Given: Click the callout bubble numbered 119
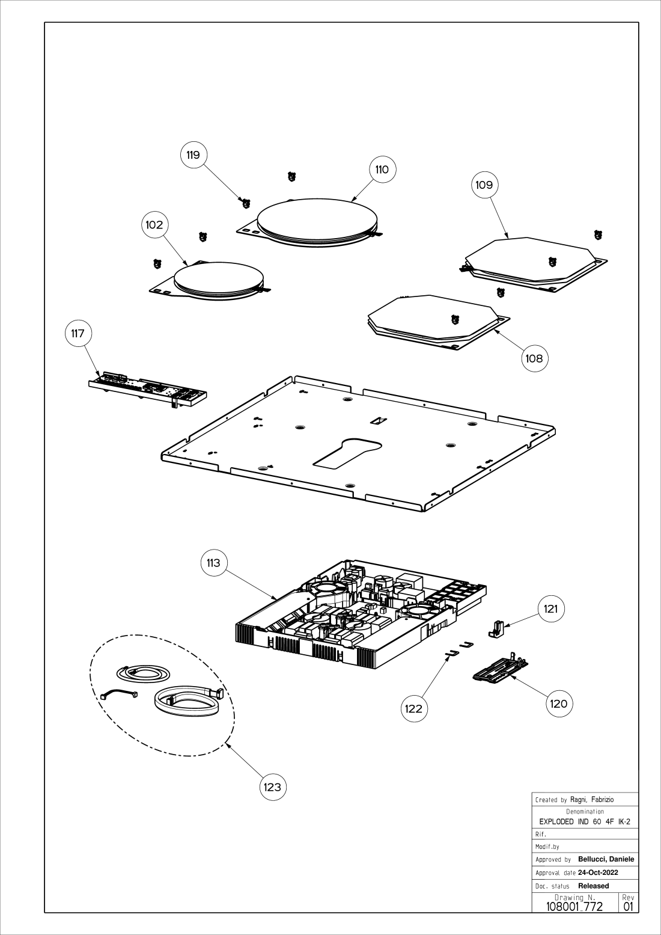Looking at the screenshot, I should click(x=193, y=155).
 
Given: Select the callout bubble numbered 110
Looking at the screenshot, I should click(x=382, y=170).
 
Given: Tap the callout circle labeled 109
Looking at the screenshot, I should click(x=484, y=185).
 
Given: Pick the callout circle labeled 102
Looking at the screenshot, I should click(x=154, y=225).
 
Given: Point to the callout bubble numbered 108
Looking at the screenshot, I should click(x=534, y=359).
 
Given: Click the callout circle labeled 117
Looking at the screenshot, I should click(x=78, y=334).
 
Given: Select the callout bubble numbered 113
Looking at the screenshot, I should click(x=213, y=563).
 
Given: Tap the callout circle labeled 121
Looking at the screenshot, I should click(x=550, y=609).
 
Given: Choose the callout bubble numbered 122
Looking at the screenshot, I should click(x=413, y=708).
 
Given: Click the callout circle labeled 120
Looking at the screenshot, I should click(x=559, y=704).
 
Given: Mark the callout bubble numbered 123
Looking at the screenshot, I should click(x=273, y=787).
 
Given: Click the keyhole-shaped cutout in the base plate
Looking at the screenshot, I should click(x=347, y=452).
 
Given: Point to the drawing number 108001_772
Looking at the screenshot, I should click(x=574, y=906).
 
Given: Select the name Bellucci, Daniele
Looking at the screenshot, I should click(x=606, y=859).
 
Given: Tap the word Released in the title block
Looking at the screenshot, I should click(x=593, y=886).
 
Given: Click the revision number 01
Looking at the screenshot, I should click(x=629, y=906).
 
